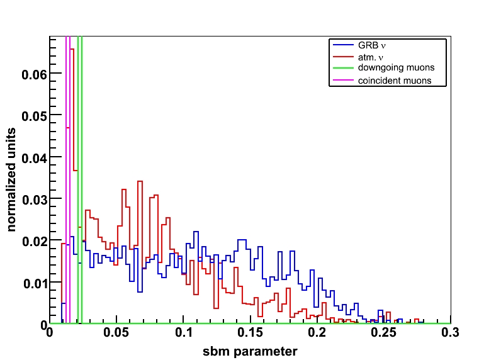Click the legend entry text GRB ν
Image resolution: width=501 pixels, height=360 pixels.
[371, 46]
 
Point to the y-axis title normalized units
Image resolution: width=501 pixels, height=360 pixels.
[12, 179]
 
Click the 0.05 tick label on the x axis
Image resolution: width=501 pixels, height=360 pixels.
[116, 334]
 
